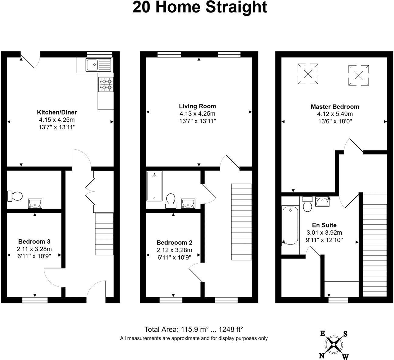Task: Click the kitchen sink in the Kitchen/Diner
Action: click(99, 65)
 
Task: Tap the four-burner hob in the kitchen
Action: click(105, 84)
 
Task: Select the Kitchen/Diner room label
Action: click(57, 112)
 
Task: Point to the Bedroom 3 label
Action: click(34, 242)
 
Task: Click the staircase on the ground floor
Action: click(104, 234)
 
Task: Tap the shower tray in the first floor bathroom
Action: click(154, 186)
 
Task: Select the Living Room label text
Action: click(197, 106)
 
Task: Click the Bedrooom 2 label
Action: click(174, 243)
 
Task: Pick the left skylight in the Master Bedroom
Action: click(308, 74)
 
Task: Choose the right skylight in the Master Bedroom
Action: click(359, 75)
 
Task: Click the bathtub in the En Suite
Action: click(290, 225)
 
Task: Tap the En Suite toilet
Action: click(308, 204)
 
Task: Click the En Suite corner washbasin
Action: click(322, 201)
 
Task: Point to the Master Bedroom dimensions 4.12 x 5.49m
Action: click(335, 114)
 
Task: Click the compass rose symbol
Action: click(334, 344)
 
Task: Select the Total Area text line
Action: click(193, 330)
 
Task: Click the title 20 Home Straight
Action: click(200, 7)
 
